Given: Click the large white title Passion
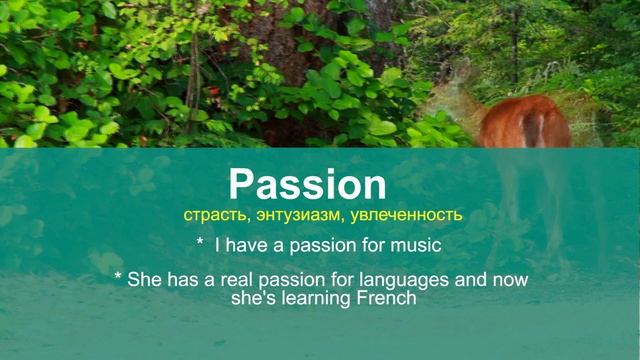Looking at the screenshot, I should [x=307, y=185].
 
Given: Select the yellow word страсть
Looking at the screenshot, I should [x=210, y=214].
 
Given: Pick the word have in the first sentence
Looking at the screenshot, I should [x=247, y=244].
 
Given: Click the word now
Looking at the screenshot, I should [x=509, y=281].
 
